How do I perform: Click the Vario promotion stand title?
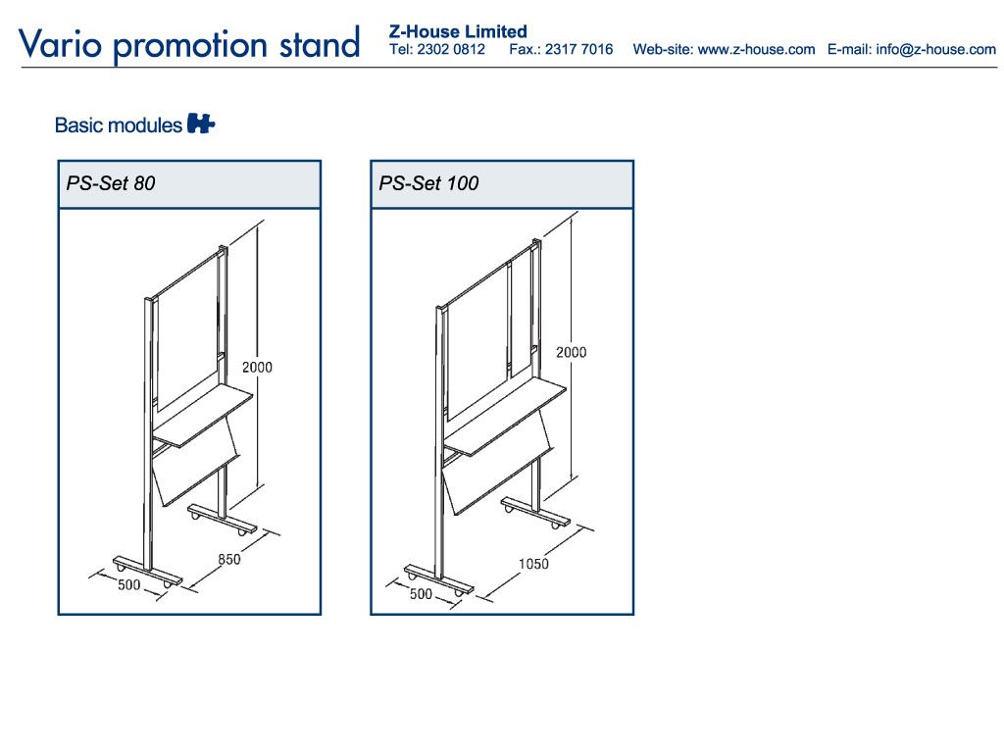coord(189,44)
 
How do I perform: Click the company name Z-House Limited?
coord(458,31)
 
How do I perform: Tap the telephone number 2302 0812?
coord(451,49)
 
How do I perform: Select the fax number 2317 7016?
coord(578,49)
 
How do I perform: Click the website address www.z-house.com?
coord(756,49)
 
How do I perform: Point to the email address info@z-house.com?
coord(936,49)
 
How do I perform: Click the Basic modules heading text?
coord(119,125)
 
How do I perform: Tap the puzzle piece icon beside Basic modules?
coord(200,123)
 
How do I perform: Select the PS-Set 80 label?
coord(111,183)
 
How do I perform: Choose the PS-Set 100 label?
coord(428,183)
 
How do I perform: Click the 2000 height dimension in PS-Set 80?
coord(257,367)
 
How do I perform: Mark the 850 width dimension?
coord(229,559)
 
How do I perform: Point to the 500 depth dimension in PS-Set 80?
coord(128,584)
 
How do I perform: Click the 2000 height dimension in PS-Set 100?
coord(572,352)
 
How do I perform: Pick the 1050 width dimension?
coord(533,564)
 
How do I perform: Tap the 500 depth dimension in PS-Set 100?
coord(421,593)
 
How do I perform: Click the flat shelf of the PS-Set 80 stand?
coord(203,415)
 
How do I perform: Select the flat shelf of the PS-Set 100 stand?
coord(505,416)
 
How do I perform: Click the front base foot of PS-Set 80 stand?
coord(147,572)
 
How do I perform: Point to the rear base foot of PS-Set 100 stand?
coord(535,512)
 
